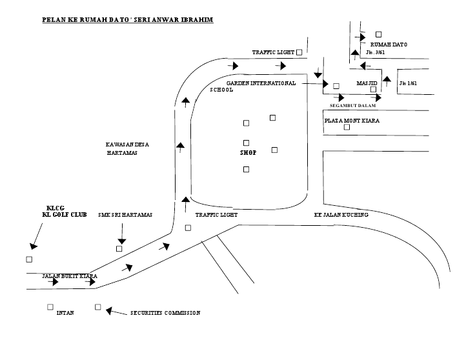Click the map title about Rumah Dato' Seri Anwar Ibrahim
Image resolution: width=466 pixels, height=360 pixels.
click(x=127, y=20)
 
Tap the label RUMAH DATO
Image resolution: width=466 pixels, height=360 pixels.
click(x=389, y=44)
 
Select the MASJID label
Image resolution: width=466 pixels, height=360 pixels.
click(x=367, y=83)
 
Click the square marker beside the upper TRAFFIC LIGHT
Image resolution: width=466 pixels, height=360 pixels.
click(x=299, y=52)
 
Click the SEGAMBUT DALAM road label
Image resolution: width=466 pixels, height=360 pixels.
click(x=352, y=105)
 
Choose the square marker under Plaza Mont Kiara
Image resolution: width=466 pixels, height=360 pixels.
click(x=347, y=127)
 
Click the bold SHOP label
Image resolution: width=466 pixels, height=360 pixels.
click(x=248, y=153)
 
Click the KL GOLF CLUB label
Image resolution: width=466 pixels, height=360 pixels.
click(x=60, y=214)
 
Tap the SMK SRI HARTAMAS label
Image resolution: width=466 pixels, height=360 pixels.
click(x=125, y=215)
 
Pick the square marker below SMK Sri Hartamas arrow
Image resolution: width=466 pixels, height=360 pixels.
click(x=119, y=248)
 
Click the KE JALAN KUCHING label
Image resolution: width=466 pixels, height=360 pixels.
click(x=341, y=215)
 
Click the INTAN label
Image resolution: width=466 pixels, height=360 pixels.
click(x=65, y=313)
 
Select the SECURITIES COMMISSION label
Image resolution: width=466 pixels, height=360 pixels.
click(x=165, y=313)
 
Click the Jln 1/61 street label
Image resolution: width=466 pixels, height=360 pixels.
click(x=408, y=83)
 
